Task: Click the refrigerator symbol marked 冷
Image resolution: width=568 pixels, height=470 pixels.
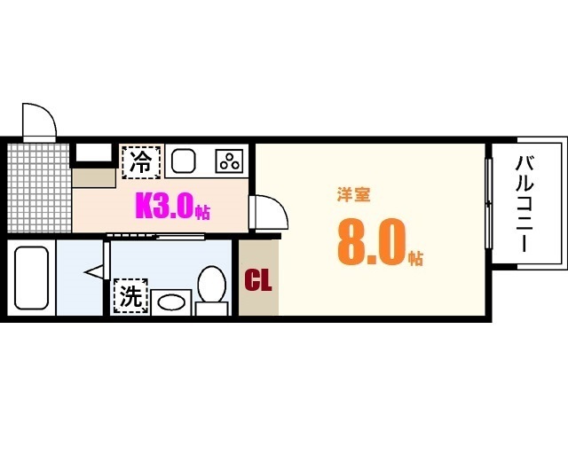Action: pyautogui.click(x=140, y=161)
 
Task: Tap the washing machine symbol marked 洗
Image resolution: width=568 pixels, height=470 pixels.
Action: pyautogui.click(x=130, y=297)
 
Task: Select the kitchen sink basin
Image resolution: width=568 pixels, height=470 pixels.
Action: pyautogui.click(x=185, y=161)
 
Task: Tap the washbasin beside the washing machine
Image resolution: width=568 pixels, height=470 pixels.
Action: pyautogui.click(x=170, y=302)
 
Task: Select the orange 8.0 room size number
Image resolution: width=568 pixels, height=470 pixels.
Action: pyautogui.click(x=370, y=243)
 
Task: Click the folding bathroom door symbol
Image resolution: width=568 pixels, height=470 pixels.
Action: pyautogui.click(x=96, y=273)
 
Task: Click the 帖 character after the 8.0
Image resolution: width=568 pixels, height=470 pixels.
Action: pyautogui.click(x=415, y=258)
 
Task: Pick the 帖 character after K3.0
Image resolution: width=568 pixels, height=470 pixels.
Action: pyautogui.click(x=203, y=213)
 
